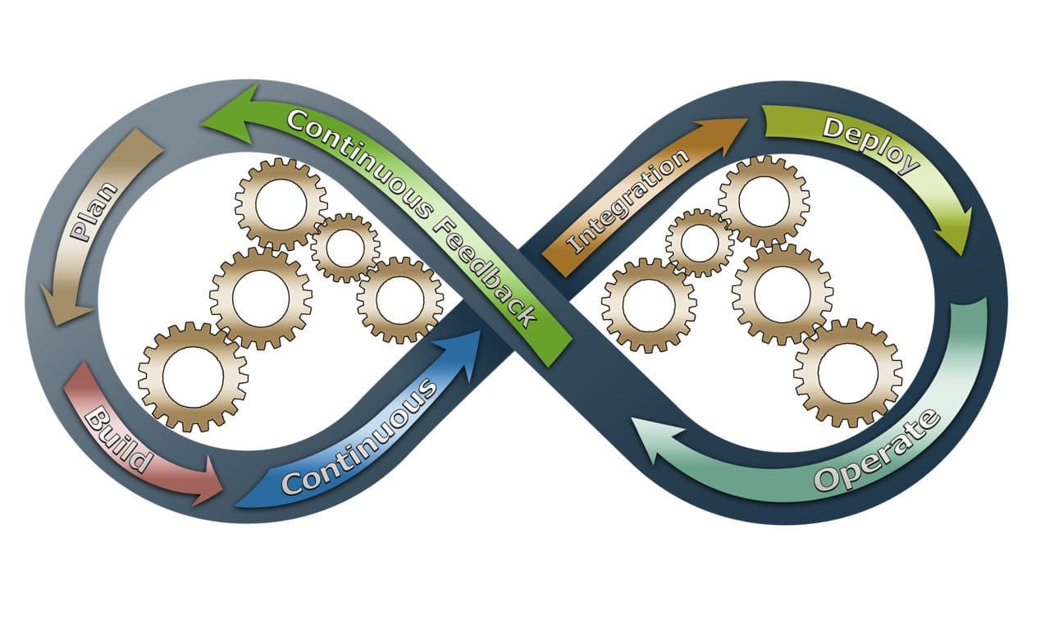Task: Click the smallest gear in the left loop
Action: (345, 247)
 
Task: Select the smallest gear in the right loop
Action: (700, 242)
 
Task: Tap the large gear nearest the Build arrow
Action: (193, 377)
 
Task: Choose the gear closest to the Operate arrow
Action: (848, 372)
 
